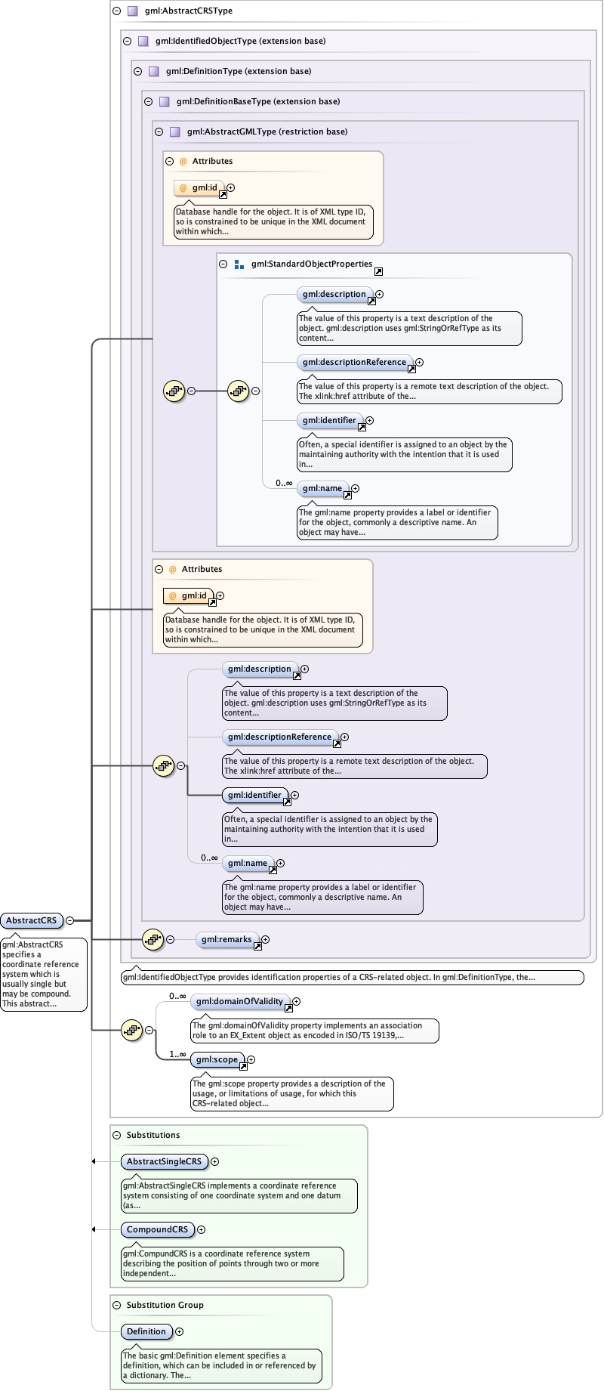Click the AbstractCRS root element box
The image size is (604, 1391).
pyautogui.click(x=32, y=920)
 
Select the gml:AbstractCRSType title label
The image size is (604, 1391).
pyautogui.click(x=188, y=11)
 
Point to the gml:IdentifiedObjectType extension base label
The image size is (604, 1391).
pyautogui.click(x=240, y=41)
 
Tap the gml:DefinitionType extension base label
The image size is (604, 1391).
pyautogui.click(x=238, y=71)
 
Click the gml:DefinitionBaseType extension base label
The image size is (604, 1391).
pyautogui.click(x=257, y=101)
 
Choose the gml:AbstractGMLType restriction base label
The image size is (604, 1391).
pyautogui.click(x=267, y=131)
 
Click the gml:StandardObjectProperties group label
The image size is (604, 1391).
pyautogui.click(x=311, y=264)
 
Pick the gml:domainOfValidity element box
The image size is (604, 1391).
pyautogui.click(x=239, y=1001)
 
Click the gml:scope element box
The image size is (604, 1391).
pyautogui.click(x=217, y=1059)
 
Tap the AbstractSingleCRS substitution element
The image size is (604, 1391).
pyautogui.click(x=164, y=1161)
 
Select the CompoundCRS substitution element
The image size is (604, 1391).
pyautogui.click(x=157, y=1229)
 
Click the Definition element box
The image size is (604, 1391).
pyautogui.click(x=146, y=1331)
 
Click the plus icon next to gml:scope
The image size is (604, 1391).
pyautogui.click(x=251, y=1060)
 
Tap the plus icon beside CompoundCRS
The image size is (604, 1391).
pyautogui.click(x=202, y=1229)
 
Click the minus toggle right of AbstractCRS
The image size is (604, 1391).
pyautogui.click(x=70, y=920)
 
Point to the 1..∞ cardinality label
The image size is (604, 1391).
pyautogui.click(x=177, y=1054)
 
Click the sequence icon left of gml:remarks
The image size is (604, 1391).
pyautogui.click(x=153, y=939)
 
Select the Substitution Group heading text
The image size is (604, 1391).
pyautogui.click(x=165, y=1305)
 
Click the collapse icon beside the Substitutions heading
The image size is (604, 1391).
pyautogui.click(x=117, y=1135)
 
